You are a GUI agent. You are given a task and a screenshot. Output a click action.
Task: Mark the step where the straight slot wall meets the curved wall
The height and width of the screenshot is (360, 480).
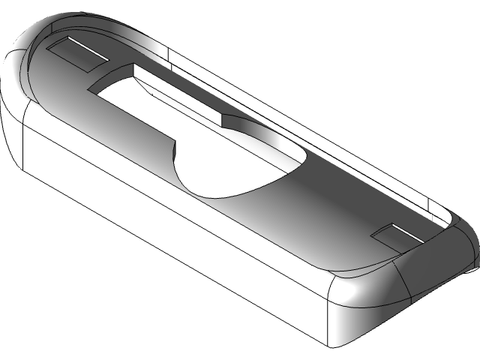(223, 120)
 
